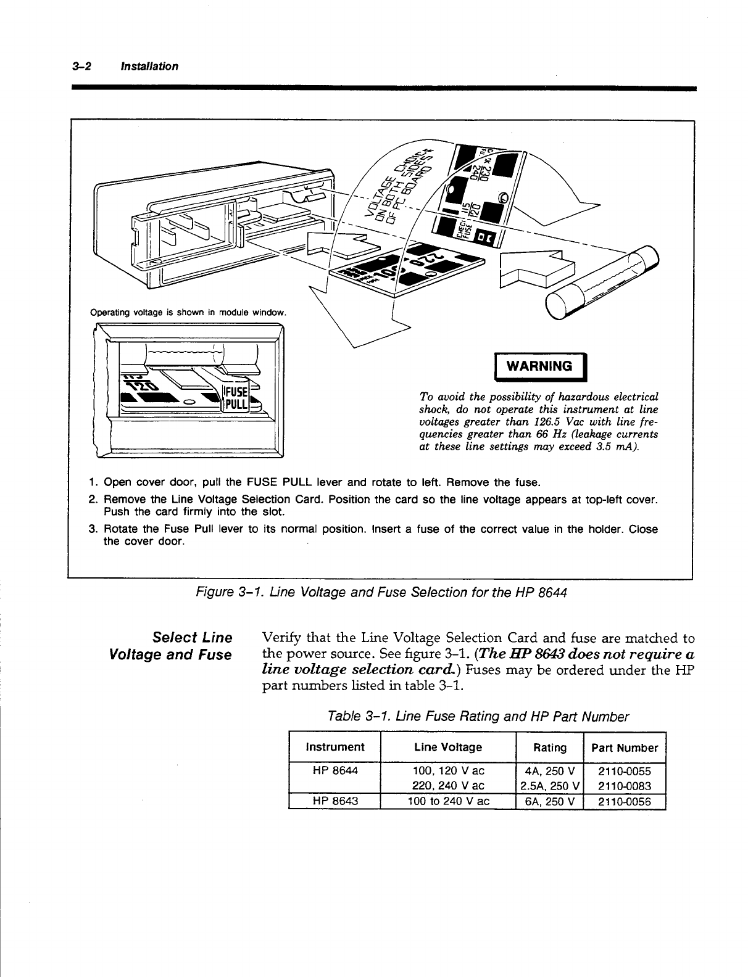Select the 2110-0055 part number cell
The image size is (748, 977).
(625, 771)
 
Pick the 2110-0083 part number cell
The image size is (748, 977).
(625, 786)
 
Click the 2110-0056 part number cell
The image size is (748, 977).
(625, 801)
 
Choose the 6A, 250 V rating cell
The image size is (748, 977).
(549, 801)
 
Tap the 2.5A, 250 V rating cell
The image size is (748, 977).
(549, 786)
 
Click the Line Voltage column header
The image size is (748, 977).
(448, 748)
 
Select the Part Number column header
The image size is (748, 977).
(625, 748)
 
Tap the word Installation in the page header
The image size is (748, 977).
(150, 66)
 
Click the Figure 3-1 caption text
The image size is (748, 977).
(381, 593)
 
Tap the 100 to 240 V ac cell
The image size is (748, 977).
(448, 801)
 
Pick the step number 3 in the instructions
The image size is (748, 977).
(92, 529)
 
